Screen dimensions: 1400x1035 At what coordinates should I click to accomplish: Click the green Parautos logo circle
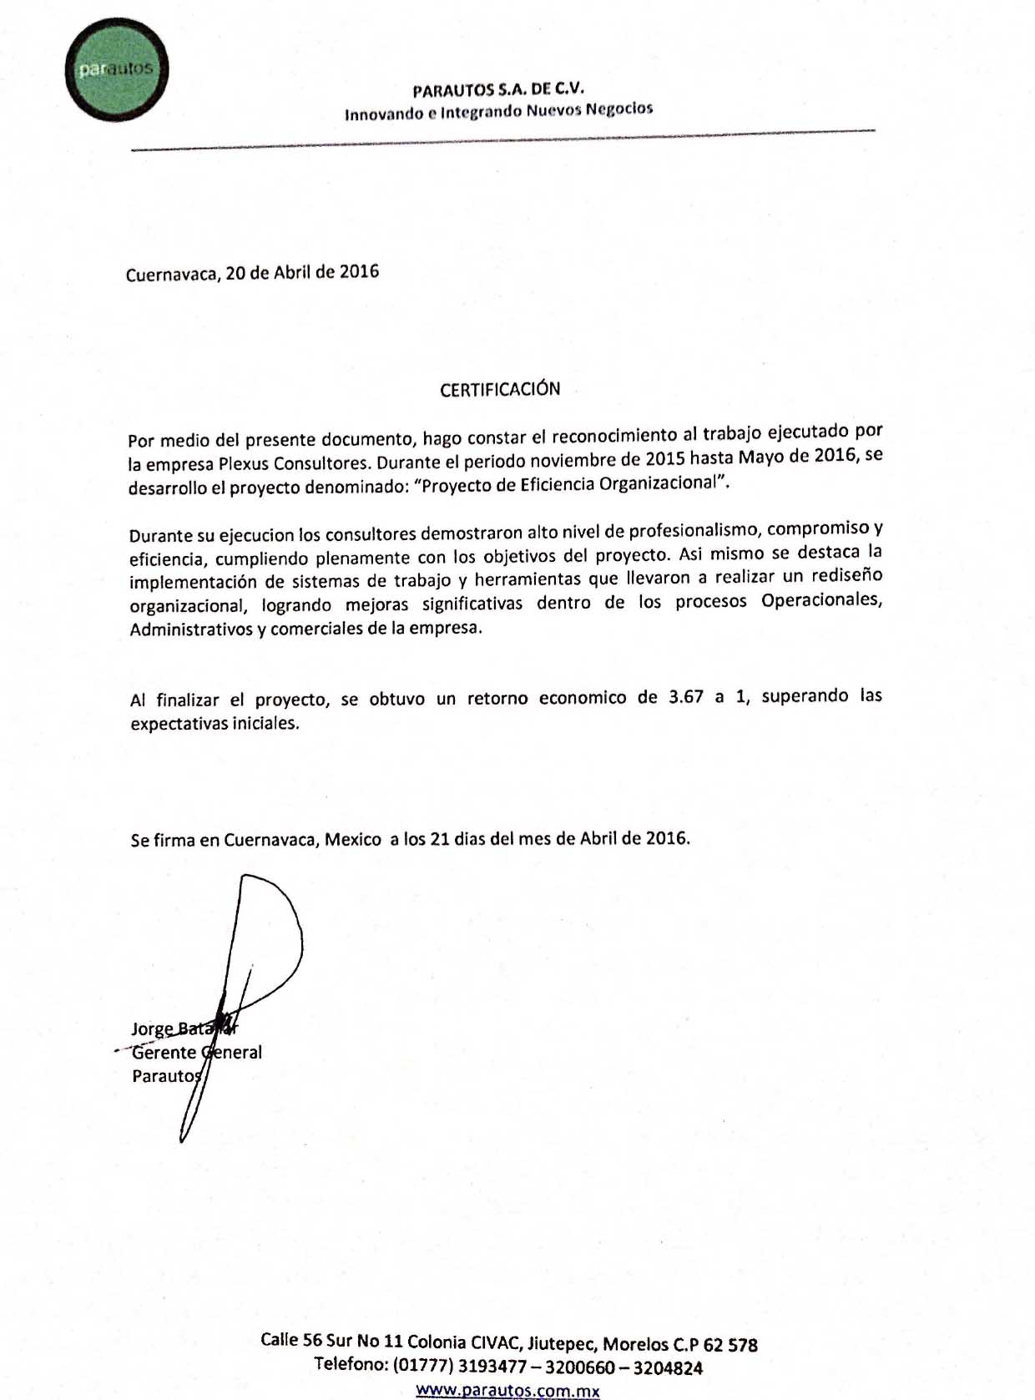click(117, 69)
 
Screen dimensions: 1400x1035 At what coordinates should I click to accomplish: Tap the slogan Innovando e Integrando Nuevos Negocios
click(498, 110)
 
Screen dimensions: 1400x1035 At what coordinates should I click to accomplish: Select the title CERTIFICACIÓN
click(500, 389)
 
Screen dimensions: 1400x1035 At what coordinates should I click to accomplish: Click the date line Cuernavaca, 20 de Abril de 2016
click(252, 273)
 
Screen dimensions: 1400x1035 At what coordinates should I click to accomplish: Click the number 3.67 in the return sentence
click(686, 697)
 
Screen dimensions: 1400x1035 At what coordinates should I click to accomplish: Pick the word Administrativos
click(191, 629)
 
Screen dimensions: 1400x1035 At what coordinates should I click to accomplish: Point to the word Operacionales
click(821, 600)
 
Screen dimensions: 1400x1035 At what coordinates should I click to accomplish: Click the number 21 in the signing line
click(441, 838)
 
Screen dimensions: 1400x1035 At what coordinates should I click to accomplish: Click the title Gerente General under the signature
click(197, 1053)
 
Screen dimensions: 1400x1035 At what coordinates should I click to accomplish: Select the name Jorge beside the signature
click(152, 1029)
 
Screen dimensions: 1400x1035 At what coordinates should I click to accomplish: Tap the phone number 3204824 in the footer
click(668, 1367)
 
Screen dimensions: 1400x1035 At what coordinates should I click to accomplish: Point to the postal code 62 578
click(731, 1345)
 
